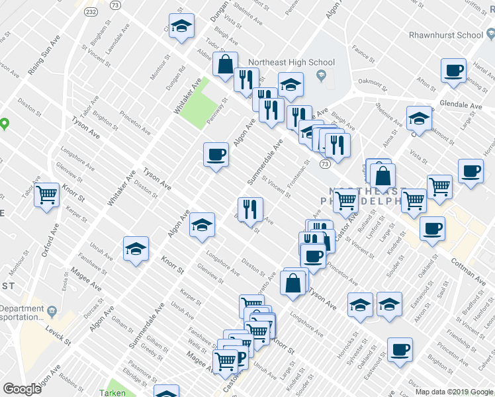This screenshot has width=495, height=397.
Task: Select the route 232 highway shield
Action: pos(91,13)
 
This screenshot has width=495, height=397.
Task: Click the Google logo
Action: pos(22,389)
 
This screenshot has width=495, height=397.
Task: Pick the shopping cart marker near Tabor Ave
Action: pos(46,195)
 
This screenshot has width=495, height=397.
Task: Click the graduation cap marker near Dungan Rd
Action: pos(181,26)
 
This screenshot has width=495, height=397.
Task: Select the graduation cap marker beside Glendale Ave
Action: pos(418,118)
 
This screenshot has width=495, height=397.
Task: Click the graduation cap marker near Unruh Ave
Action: pos(136,249)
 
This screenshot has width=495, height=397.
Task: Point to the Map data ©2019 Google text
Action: pos(454,392)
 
